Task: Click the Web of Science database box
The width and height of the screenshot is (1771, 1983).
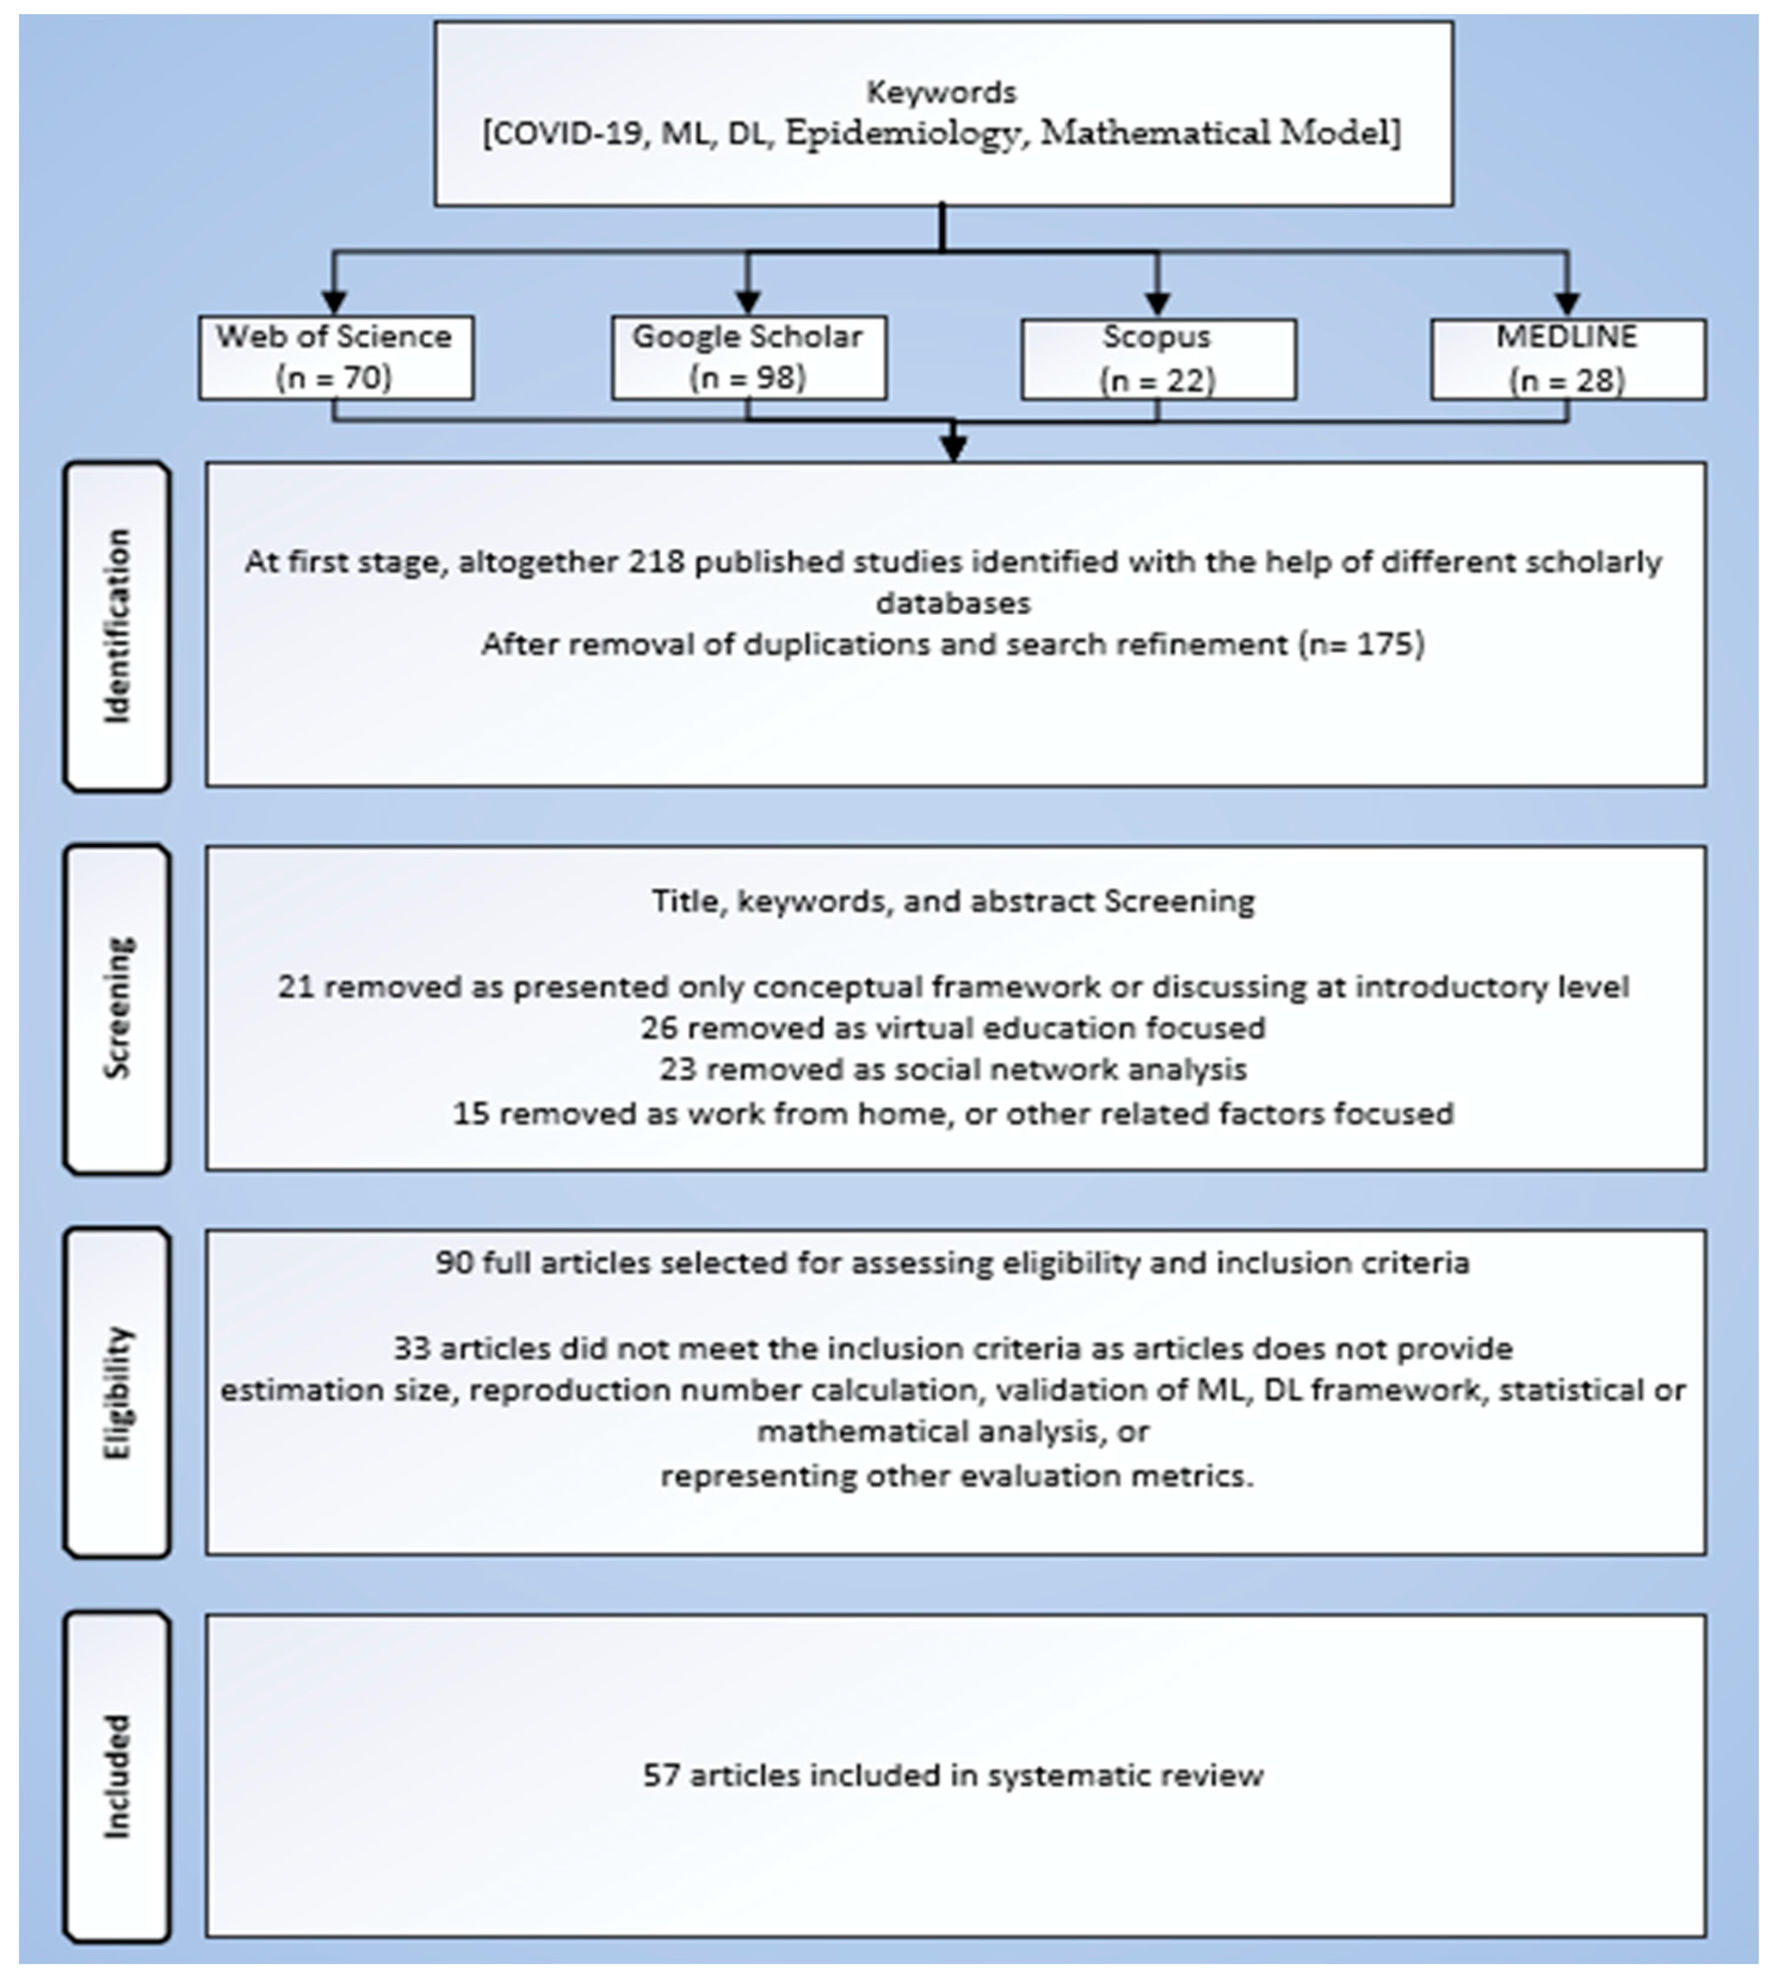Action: [336, 357]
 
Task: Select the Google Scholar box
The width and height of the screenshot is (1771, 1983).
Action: [748, 357]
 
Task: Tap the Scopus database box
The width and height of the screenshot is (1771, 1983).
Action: [1158, 359]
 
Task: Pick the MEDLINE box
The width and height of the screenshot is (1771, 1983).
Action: [1568, 359]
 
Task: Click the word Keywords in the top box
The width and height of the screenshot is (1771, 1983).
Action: [941, 92]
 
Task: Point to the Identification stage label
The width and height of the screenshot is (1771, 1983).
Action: [117, 626]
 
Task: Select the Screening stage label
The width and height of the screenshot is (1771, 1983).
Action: [117, 1008]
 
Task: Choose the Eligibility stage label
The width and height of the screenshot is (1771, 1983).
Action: [117, 1391]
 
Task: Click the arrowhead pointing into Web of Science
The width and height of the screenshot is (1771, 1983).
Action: [334, 302]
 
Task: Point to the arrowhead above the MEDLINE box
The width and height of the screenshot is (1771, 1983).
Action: [1566, 304]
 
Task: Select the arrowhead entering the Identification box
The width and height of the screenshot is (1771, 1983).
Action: [954, 447]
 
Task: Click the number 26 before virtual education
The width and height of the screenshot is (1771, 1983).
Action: [658, 1028]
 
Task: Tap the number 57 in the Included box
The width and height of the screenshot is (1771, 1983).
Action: [661, 1775]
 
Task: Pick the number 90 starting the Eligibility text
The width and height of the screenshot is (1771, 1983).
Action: [453, 1263]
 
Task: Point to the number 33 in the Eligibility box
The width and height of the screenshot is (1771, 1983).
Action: [412, 1348]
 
